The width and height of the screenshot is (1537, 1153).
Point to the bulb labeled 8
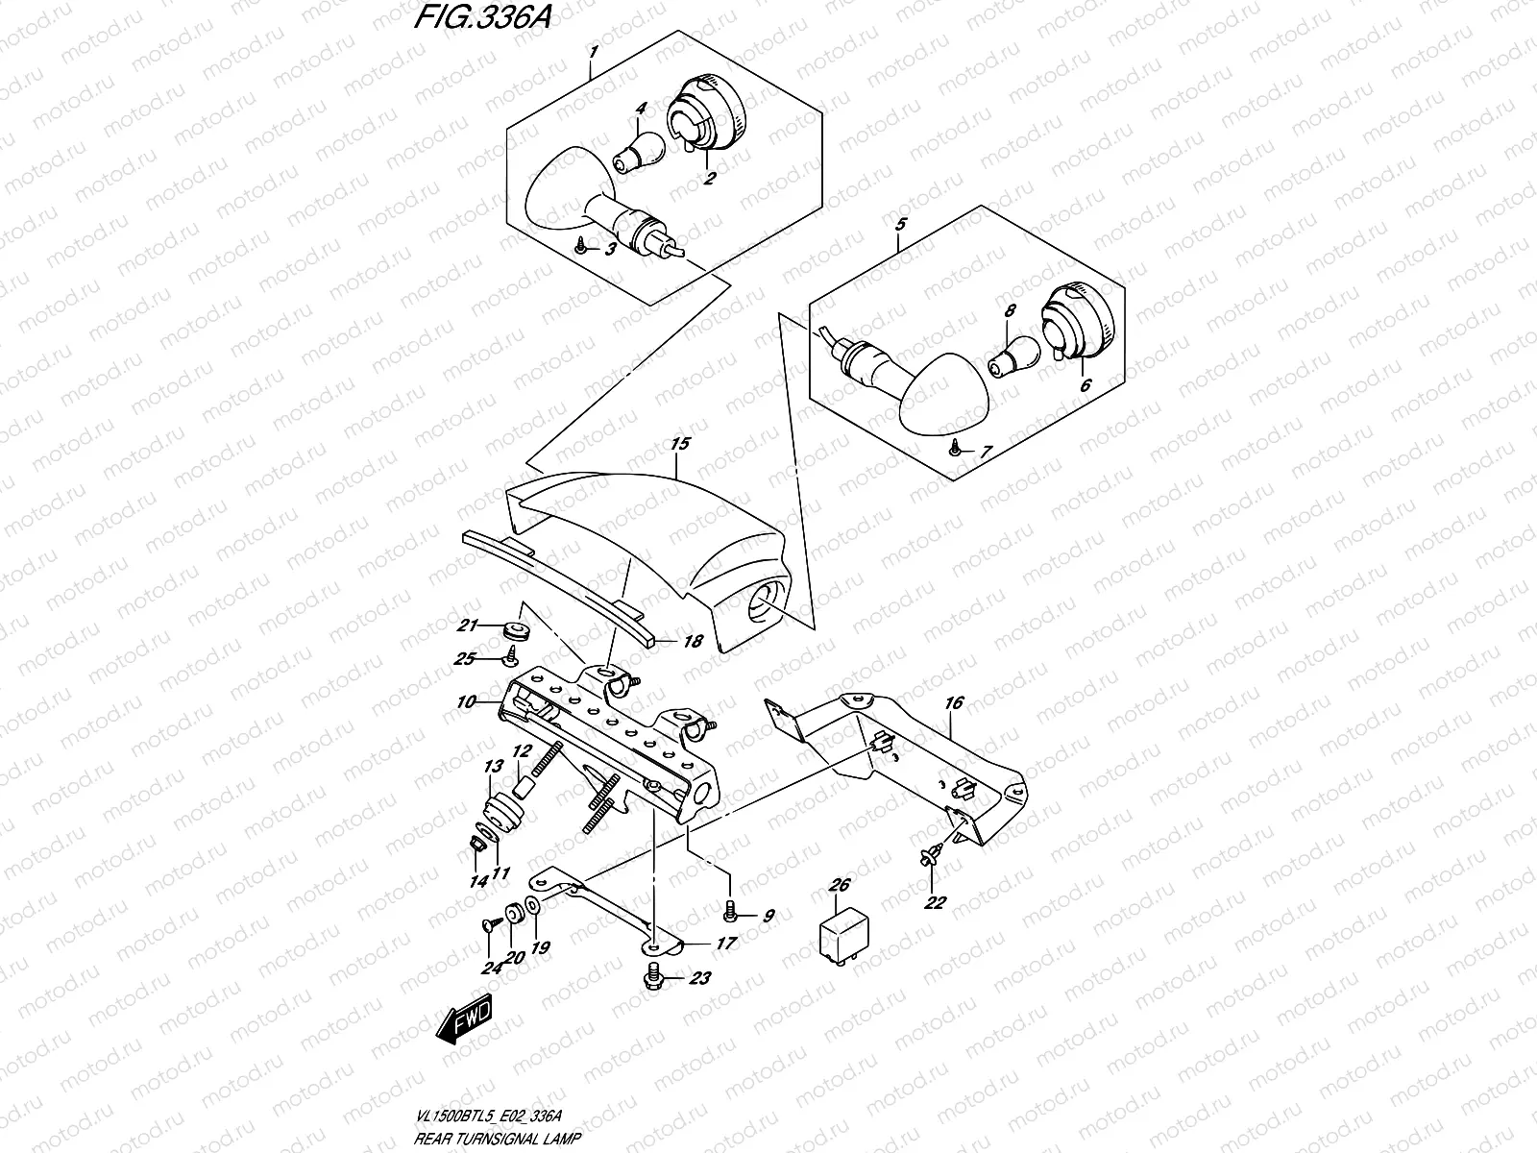[1009, 356]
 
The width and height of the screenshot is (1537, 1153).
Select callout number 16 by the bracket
[953, 703]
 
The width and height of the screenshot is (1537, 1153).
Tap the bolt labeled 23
[656, 977]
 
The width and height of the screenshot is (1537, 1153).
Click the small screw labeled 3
[581, 248]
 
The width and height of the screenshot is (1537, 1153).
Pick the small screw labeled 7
[956, 447]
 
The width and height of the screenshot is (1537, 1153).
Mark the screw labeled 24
[489, 924]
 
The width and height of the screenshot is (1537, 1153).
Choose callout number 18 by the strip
[692, 642]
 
